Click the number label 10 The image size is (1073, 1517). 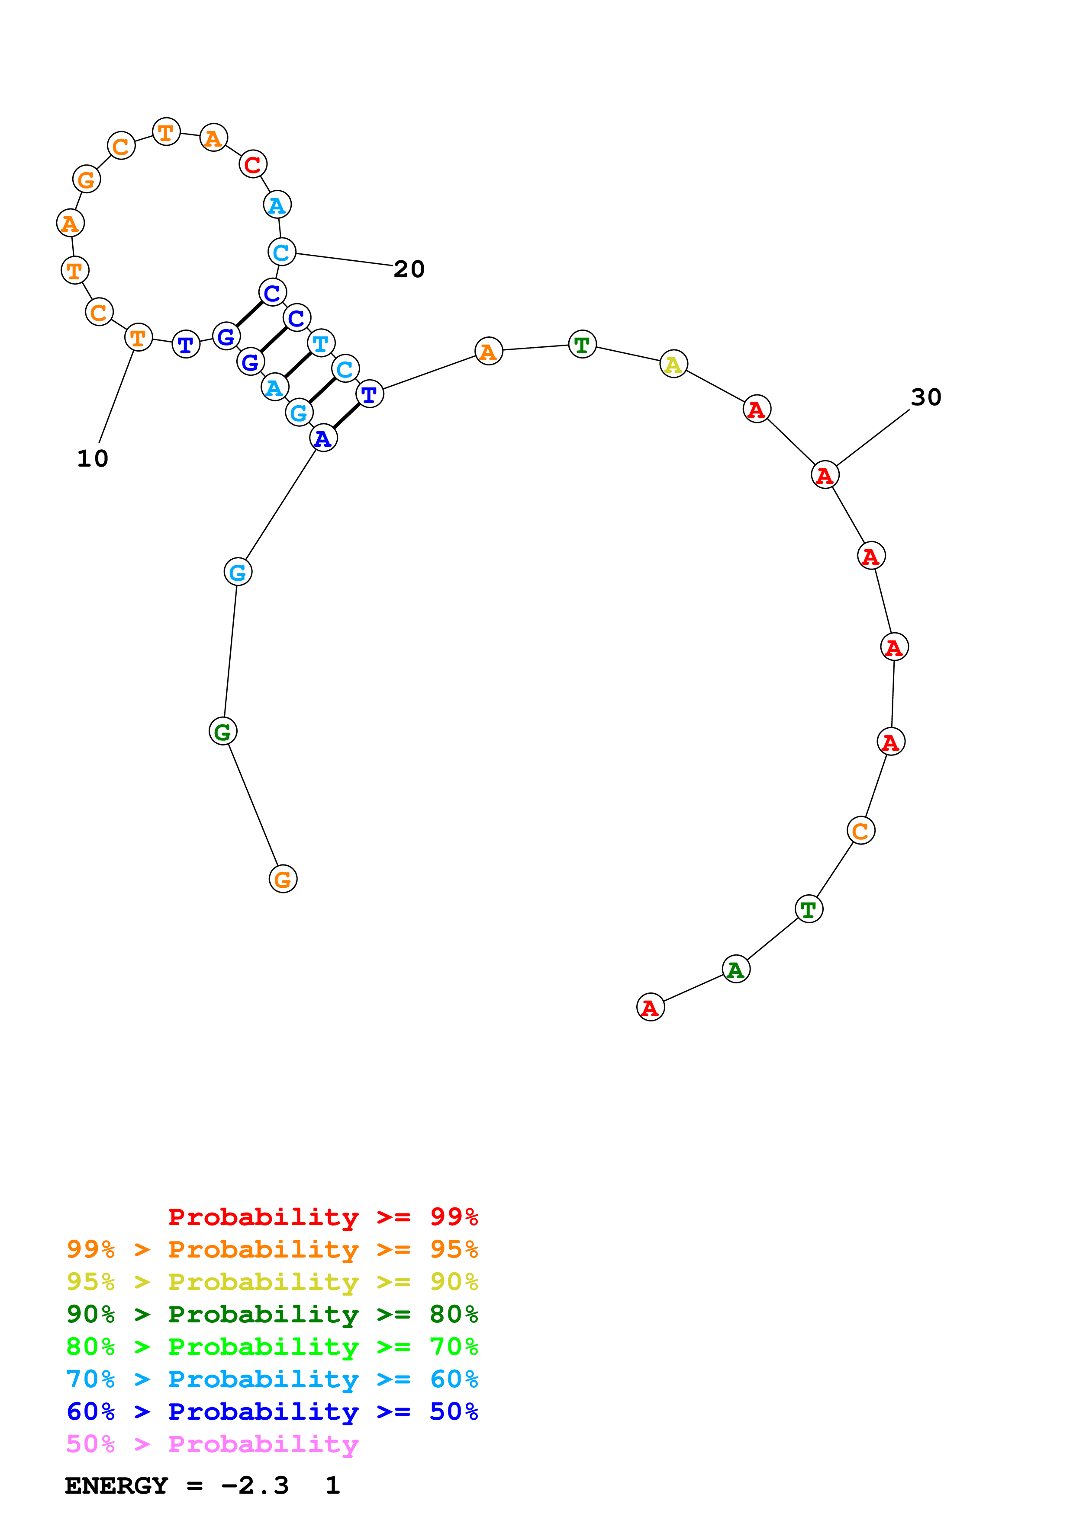(93, 458)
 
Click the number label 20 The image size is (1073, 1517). (409, 269)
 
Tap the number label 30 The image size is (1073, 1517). (925, 397)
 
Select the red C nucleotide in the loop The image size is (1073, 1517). (252, 164)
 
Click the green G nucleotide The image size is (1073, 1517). (223, 731)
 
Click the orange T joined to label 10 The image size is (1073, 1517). (138, 338)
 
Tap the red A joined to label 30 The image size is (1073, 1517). (825, 475)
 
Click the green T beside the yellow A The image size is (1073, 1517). (582, 344)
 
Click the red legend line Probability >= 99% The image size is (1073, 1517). (322, 1217)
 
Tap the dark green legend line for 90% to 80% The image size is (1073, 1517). (272, 1314)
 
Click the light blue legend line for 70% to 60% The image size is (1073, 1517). (272, 1379)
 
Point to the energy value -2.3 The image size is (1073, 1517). (255, 1486)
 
